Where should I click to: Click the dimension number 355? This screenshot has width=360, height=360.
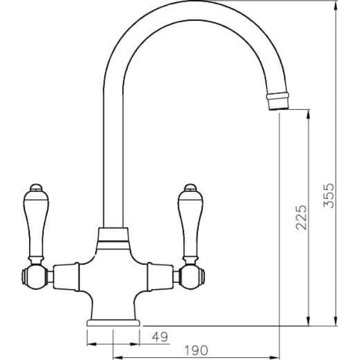(x=332, y=195)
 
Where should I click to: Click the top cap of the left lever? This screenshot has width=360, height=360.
(x=35, y=187)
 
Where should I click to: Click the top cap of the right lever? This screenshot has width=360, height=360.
(x=190, y=187)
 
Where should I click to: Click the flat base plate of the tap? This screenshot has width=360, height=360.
(x=113, y=323)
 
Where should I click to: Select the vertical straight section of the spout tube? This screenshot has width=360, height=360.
(x=112, y=157)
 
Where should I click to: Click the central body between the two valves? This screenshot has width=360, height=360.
(x=112, y=276)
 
